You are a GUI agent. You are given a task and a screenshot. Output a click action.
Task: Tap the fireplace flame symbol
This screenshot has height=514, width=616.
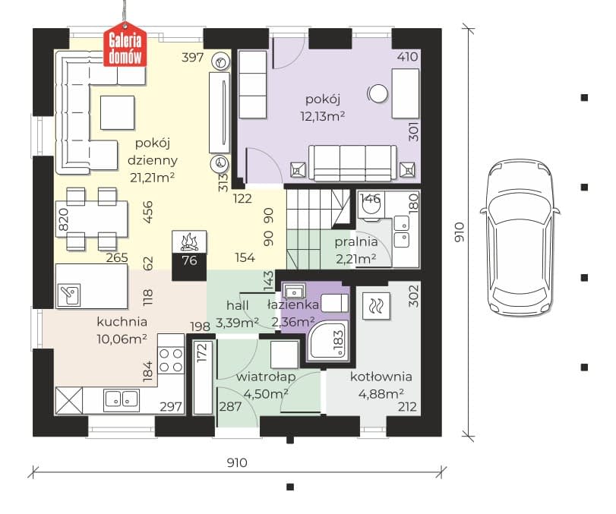pos(189,241)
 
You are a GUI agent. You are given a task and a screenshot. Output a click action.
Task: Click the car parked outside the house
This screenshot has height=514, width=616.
pos(520,237)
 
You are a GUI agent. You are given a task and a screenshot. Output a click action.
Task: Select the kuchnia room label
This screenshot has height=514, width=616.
pos(122,322)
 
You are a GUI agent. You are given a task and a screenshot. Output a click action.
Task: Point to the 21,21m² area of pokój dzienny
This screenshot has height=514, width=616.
pos(153,178)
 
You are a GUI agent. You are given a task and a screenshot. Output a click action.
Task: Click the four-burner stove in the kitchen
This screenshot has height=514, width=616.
pos(171,360)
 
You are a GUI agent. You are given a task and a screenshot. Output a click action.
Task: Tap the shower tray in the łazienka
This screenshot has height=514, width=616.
pos(328,340)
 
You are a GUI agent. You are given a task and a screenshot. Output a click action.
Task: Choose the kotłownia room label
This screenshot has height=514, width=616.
pos(381,377)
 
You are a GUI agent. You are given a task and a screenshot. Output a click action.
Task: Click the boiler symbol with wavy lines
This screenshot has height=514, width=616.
pos(376,305)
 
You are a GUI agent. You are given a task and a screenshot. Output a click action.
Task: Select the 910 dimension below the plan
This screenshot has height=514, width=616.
pos(237,462)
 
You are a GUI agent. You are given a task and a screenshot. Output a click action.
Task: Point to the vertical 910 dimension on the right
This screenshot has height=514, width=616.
pos(459,232)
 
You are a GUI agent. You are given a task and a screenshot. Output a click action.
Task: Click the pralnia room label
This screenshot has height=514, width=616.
pos(356,242)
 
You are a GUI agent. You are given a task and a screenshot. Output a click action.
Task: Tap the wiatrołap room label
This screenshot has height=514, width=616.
pos(266,377)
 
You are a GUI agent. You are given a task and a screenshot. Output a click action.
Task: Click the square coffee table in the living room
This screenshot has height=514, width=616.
pos(118,112)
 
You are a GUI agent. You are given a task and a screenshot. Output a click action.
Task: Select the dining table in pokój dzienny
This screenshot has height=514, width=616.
pos(92,219)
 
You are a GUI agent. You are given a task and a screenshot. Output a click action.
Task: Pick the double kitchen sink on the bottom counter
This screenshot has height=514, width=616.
pos(122,399)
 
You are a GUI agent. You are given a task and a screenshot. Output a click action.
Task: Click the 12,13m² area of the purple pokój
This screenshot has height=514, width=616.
pos(323,116)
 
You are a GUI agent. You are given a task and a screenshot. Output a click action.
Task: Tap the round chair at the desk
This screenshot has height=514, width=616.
pos(378,94)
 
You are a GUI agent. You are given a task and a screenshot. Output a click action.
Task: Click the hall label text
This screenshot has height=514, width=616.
pos(237,305)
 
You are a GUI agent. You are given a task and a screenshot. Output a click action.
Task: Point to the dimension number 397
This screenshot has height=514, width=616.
pos(192,58)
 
